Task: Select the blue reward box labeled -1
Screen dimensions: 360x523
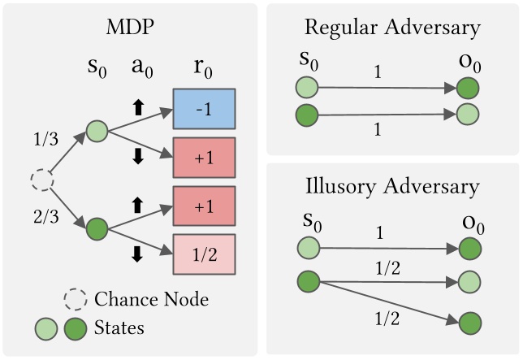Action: click(x=203, y=109)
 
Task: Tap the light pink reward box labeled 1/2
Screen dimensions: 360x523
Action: click(x=203, y=254)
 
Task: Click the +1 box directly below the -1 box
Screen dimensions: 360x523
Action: click(x=203, y=158)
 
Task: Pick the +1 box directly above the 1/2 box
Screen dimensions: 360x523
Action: click(x=203, y=206)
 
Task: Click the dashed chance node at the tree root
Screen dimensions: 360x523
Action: click(x=41, y=180)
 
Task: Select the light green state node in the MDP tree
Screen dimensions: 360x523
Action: click(x=96, y=130)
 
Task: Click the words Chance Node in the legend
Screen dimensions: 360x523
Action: click(x=151, y=299)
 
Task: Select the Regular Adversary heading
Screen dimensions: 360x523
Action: click(x=391, y=28)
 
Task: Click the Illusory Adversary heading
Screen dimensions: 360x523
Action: click(x=391, y=186)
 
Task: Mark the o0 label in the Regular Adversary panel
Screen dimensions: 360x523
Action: click(x=469, y=61)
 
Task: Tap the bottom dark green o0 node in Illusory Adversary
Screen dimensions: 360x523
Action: click(x=469, y=324)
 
